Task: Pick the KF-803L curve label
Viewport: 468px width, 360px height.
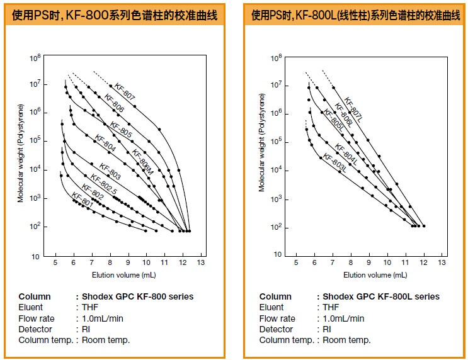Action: tap(334, 163)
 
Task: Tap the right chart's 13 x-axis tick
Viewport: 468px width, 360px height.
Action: tap(442, 262)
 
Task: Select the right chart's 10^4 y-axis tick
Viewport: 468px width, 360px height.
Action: tap(277, 171)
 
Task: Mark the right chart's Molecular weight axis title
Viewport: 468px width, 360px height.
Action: tap(262, 142)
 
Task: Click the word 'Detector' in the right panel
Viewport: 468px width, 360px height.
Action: tap(276, 329)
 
